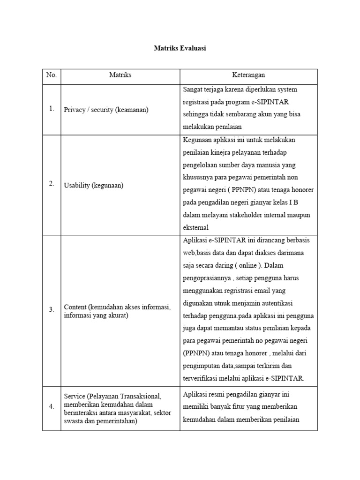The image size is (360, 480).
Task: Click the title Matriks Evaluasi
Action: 180,48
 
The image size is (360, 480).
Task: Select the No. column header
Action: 51,75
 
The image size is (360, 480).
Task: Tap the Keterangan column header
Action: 248,75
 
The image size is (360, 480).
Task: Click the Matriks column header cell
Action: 120,75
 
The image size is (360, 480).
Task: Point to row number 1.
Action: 51,109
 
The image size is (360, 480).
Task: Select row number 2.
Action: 51,184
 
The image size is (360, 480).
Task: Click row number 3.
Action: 51,310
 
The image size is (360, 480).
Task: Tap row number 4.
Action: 51,407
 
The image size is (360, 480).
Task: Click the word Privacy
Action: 74,110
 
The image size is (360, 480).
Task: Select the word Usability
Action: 75,185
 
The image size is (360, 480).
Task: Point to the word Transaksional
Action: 138,396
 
